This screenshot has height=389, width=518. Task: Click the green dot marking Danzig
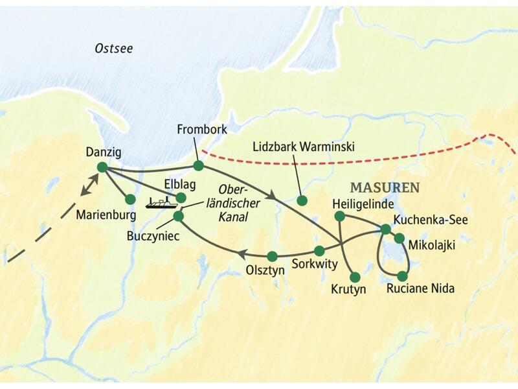tap(102, 167)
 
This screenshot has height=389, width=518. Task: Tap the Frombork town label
tap(201, 130)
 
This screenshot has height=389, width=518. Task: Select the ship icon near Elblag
tap(161, 204)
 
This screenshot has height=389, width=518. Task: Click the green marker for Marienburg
tap(130, 199)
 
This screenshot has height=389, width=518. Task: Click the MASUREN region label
tap(384, 187)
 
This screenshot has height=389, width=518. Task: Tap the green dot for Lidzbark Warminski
tap(301, 200)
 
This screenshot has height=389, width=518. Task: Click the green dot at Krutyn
tap(355, 277)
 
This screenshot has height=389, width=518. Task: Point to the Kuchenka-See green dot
tap(385, 229)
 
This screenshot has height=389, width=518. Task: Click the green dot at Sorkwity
tap(319, 250)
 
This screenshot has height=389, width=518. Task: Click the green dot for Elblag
tap(181, 197)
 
